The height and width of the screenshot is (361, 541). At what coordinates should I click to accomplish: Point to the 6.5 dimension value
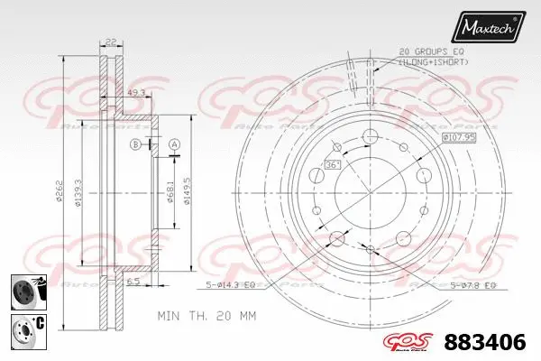(x=132, y=282)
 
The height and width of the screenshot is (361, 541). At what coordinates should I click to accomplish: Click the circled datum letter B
(x=135, y=144)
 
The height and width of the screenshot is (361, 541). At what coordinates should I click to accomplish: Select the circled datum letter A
(x=174, y=144)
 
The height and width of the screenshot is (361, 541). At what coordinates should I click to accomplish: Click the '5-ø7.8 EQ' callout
(x=472, y=285)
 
